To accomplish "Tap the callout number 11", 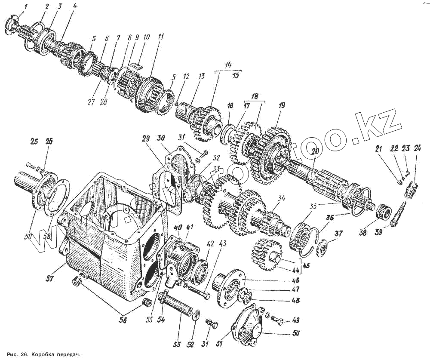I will [x=160, y=37].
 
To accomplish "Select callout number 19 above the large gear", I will [x=282, y=105].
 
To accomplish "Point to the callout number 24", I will [x=417, y=149].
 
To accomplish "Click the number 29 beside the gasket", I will [x=145, y=139].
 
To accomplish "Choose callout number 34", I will [x=282, y=198].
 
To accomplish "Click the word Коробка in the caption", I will [x=43, y=355].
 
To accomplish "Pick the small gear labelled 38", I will [x=383, y=212].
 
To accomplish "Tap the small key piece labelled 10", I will [x=137, y=65].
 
